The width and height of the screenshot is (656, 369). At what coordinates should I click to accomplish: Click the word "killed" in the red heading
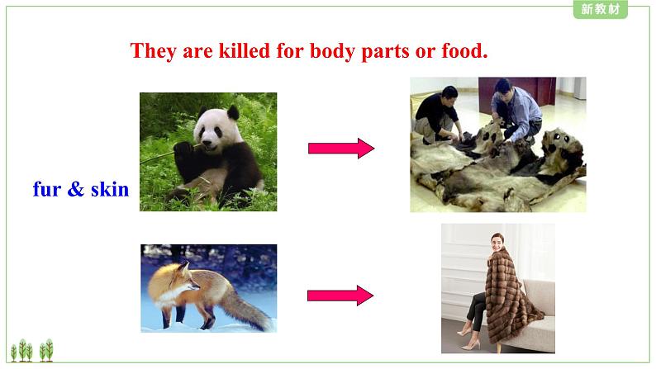(245, 51)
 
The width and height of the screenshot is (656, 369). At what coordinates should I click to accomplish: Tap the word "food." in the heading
(464, 51)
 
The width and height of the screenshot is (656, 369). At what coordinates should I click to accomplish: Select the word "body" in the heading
(332, 52)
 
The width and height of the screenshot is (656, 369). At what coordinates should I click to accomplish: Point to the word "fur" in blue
(47, 189)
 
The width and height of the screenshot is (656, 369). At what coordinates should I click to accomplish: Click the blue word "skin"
(110, 189)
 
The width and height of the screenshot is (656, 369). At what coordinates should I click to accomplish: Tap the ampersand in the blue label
(76, 189)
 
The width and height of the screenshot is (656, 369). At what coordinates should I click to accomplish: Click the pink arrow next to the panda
(341, 149)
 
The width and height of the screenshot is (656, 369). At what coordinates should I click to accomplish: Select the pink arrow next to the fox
(340, 296)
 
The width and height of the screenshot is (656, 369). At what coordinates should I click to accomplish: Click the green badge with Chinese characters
(601, 9)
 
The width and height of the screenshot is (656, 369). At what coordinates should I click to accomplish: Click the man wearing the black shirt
(437, 114)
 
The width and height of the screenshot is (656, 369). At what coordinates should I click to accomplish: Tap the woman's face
(497, 244)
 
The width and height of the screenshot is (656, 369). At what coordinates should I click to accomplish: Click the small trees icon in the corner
(32, 350)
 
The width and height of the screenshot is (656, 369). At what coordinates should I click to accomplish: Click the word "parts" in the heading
(385, 52)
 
